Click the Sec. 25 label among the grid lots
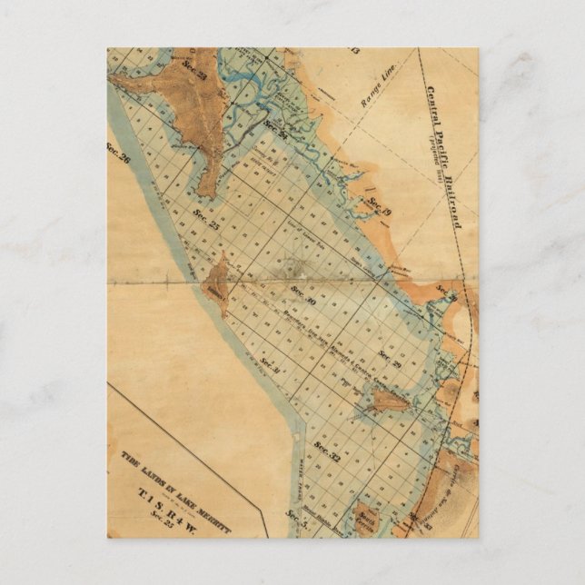point(204,217)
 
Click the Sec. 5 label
point(292,519)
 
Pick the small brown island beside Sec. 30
point(219,283)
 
